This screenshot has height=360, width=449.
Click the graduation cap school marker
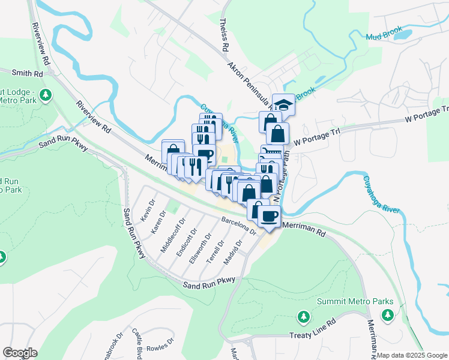point(284,104)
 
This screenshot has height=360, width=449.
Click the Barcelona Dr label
point(238,226)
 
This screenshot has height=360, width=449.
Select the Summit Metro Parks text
point(355,301)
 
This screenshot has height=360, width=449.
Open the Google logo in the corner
point(20,353)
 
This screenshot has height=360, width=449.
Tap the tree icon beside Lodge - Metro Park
point(46,94)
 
